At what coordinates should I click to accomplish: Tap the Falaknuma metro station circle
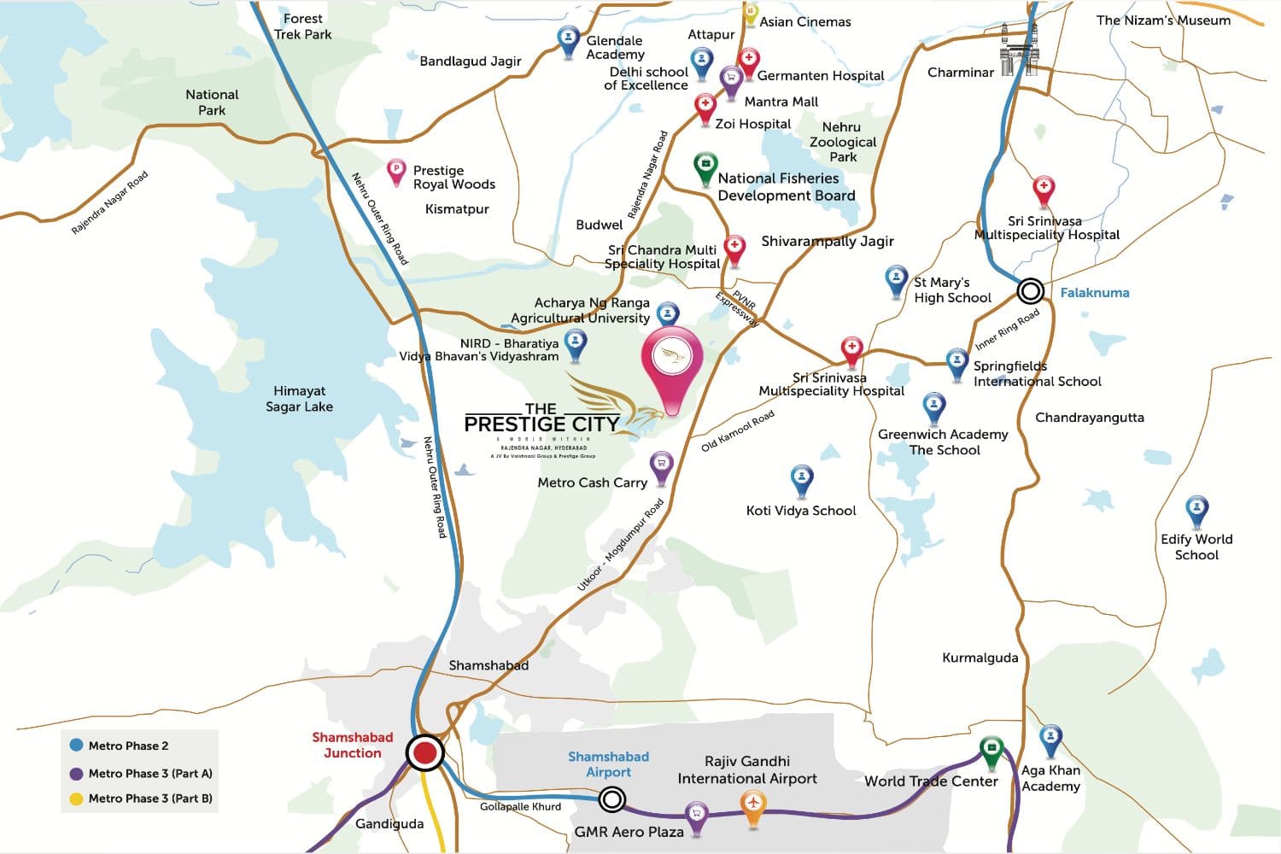tap(1031, 291)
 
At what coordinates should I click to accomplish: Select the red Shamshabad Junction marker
tap(424, 753)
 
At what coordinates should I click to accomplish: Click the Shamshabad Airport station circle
tap(611, 799)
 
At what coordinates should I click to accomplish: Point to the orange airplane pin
tap(752, 805)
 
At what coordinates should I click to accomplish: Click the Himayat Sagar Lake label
tap(299, 399)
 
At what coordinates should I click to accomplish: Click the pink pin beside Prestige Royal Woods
tap(396, 170)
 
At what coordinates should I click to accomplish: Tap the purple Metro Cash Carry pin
tap(661, 466)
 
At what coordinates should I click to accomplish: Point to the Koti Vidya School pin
tap(801, 480)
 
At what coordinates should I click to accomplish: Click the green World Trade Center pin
tap(991, 752)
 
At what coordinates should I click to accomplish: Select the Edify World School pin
tap(1197, 510)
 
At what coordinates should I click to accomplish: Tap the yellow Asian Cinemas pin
tap(750, 13)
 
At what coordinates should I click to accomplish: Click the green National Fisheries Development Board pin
tap(705, 167)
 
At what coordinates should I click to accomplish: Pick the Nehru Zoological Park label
tap(842, 142)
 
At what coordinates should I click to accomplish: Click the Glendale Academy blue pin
tap(568, 39)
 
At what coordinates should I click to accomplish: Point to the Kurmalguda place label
tap(980, 658)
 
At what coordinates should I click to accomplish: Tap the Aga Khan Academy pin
tap(1050, 739)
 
